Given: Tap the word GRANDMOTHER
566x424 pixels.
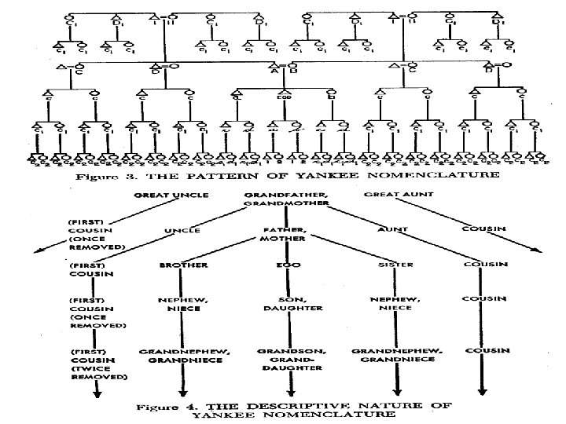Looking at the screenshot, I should click(x=283, y=203).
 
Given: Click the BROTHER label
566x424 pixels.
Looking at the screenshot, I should click(x=184, y=265).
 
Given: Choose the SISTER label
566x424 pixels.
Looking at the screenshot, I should click(x=391, y=265).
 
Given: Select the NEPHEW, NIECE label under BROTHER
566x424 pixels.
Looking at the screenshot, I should click(x=184, y=305).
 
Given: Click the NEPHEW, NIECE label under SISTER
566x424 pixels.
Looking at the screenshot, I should click(x=391, y=305).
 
